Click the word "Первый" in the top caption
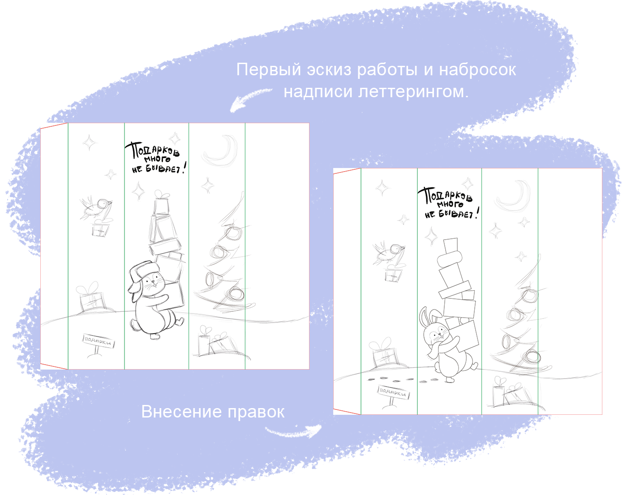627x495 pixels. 268,70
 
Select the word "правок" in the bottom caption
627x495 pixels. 256,413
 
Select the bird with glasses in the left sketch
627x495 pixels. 95,207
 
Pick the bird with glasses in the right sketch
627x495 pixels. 388,253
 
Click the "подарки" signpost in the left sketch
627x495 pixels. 98,346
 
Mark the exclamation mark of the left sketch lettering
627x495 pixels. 184,168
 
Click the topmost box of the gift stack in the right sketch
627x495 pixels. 451,245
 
